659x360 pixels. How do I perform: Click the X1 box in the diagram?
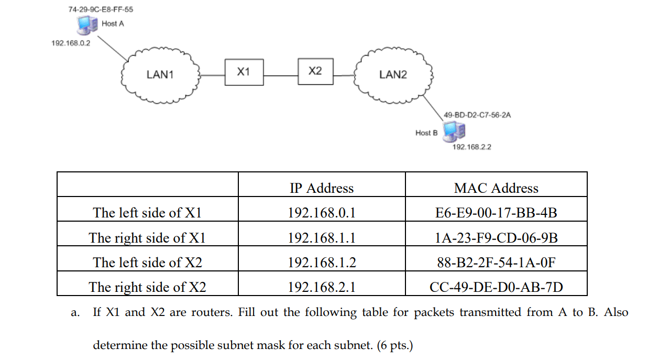point(244,72)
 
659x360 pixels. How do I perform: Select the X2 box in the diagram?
point(315,71)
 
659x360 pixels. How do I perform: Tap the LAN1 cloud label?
point(160,74)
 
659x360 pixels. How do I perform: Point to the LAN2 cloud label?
point(393,74)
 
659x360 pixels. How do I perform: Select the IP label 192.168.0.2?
point(71,43)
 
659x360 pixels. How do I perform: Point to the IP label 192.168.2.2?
point(471,147)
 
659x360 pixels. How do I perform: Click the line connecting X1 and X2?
point(280,75)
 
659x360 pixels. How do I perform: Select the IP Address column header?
point(322,188)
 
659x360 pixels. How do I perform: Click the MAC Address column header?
point(496,188)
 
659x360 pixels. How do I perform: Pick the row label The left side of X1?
point(147,213)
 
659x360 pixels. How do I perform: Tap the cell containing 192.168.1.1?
point(322,238)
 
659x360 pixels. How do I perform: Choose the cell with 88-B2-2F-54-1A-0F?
point(496,263)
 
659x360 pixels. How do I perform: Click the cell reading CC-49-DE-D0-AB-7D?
point(496,287)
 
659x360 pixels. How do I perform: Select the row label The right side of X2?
point(147,287)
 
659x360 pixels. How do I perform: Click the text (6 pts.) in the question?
point(392,346)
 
